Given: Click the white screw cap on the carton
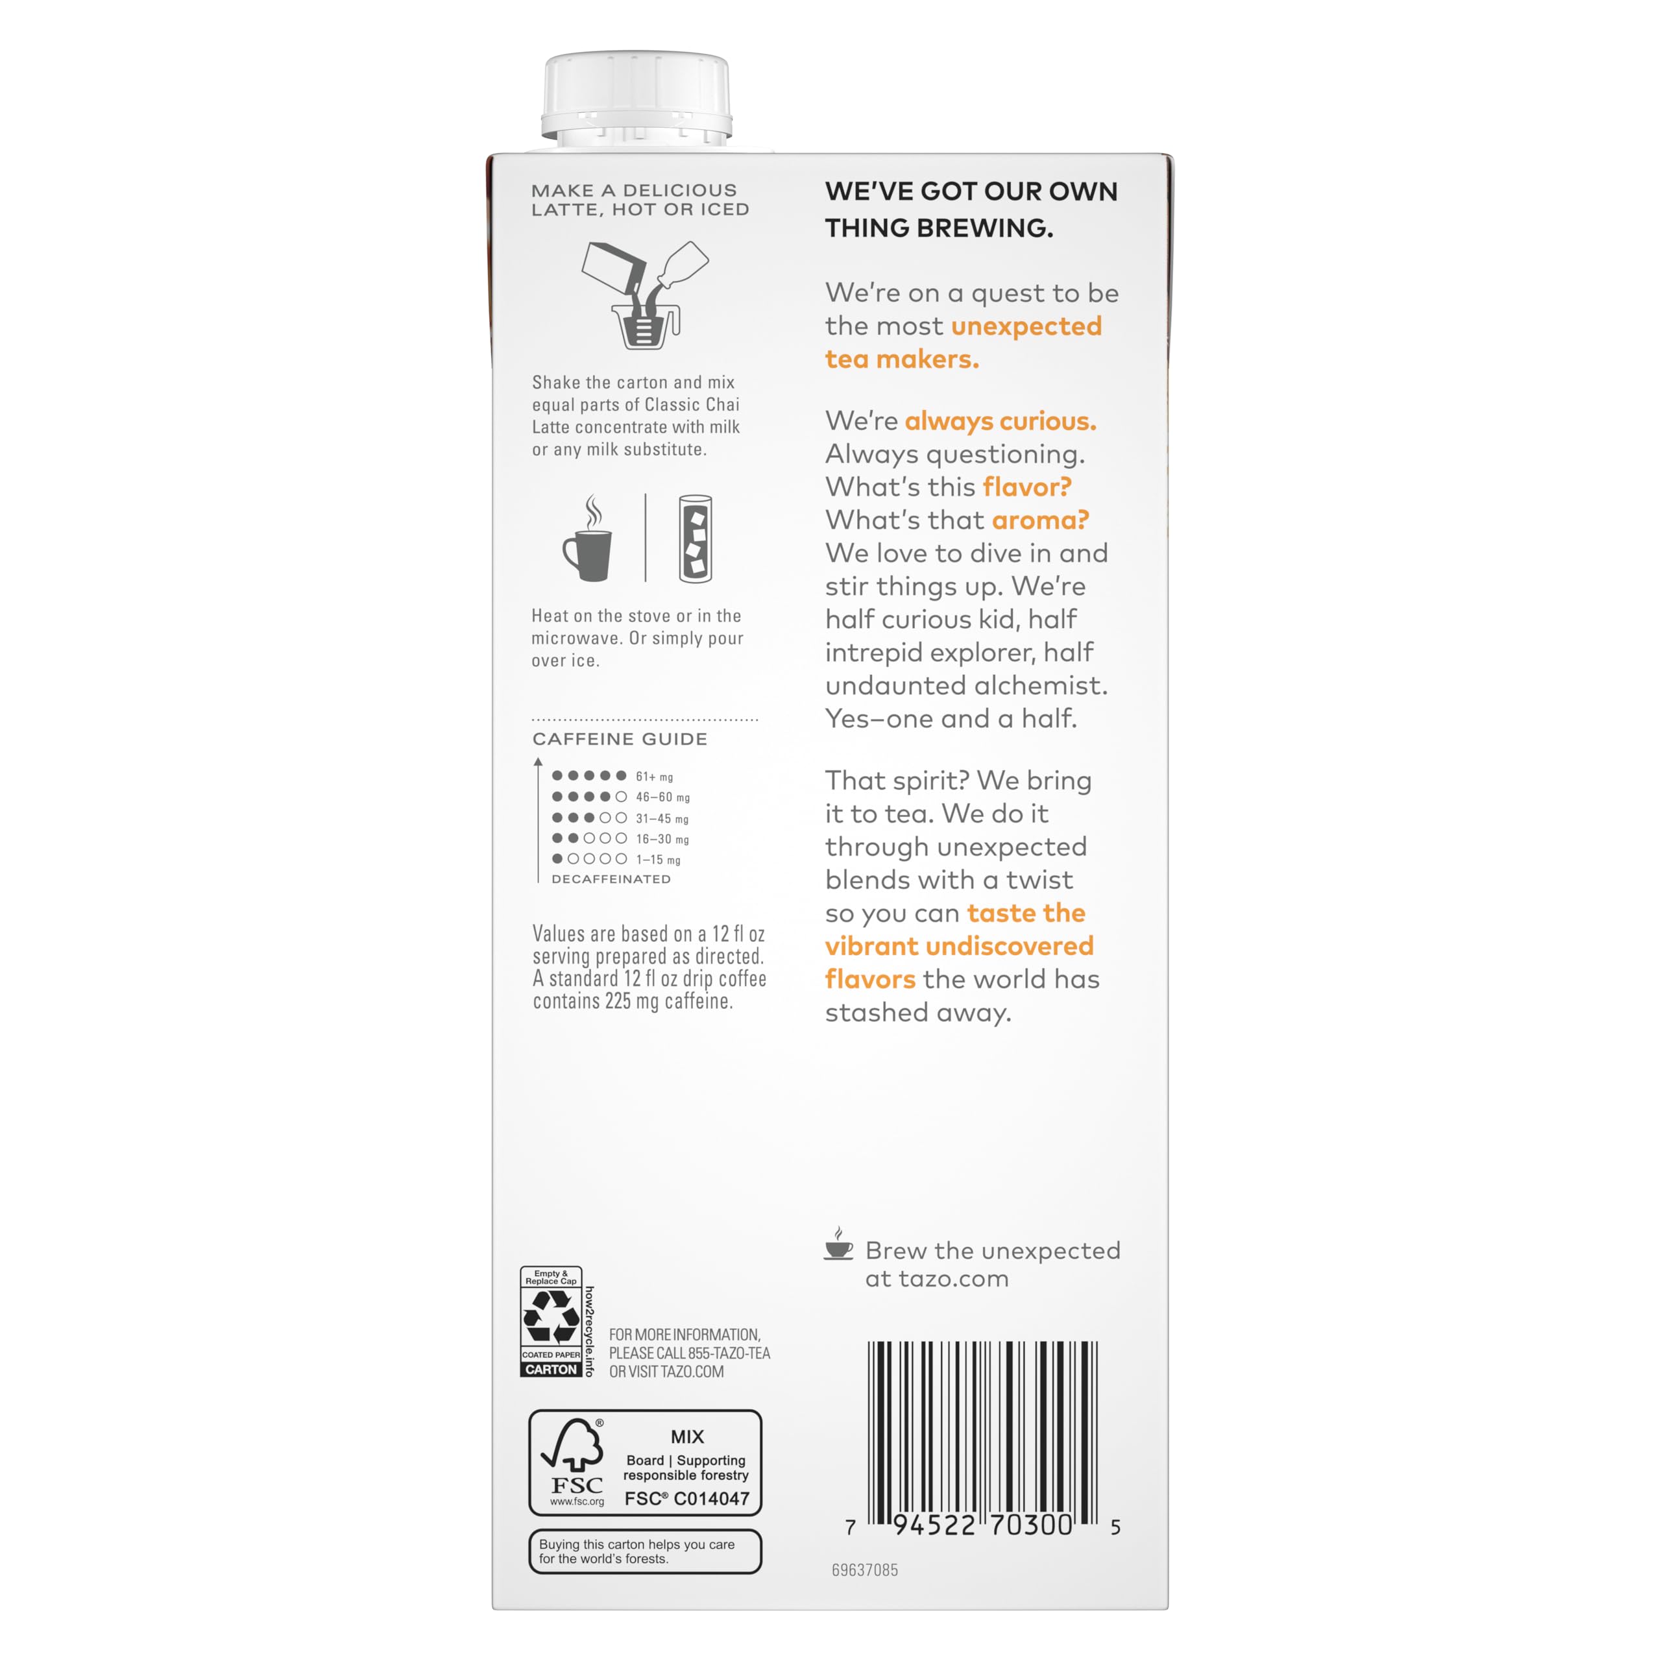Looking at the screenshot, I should point(637,96).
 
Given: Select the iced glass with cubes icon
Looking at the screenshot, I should point(695,539).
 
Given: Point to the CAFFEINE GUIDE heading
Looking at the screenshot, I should point(620,738).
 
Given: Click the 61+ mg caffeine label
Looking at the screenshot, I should point(654,777).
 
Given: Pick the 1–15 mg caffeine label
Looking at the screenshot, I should point(658,859).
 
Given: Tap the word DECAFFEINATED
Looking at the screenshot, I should point(611,879).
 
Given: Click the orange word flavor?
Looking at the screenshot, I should point(1026,487).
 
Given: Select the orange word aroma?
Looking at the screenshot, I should point(1040,520).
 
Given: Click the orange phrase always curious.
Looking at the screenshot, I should point(1000,420).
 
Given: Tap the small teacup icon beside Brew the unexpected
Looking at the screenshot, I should point(838,1245).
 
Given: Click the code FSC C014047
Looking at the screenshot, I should point(687,1499).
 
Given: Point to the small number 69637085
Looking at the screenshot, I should point(865,1570).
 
